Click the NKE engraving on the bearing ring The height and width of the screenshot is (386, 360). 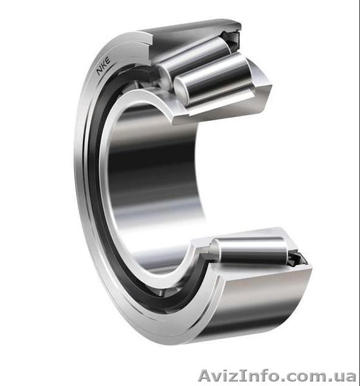pos(104,66)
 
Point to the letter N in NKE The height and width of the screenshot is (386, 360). pos(100,71)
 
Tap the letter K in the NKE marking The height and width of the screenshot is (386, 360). pos(104,65)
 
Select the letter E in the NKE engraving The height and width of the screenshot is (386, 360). pos(108,60)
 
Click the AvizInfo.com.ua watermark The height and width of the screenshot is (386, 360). pos(277,376)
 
